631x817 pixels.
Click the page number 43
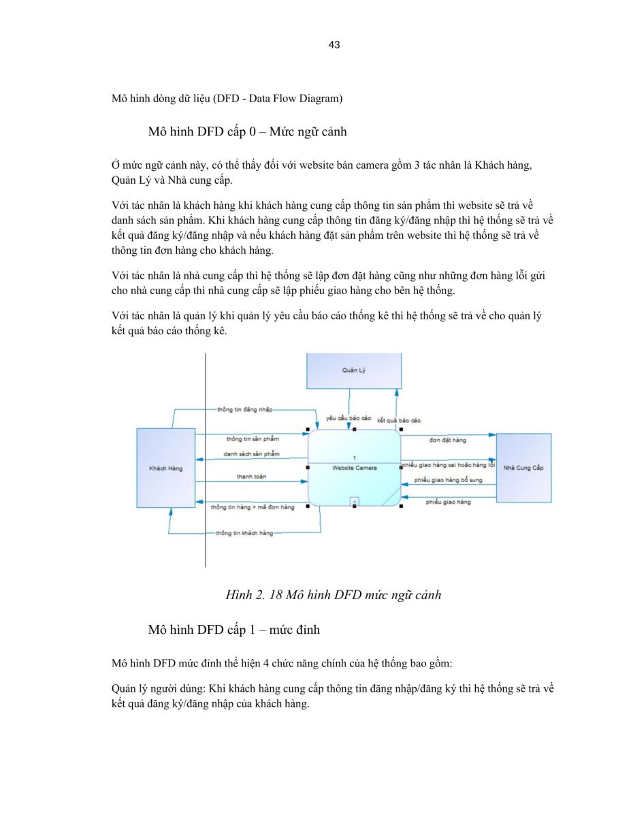(x=334, y=45)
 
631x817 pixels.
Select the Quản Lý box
(x=354, y=370)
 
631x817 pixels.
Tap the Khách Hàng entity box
(x=165, y=468)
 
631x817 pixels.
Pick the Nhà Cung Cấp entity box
(x=523, y=468)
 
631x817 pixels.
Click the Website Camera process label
(x=355, y=468)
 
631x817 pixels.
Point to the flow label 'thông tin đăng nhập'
(x=244, y=409)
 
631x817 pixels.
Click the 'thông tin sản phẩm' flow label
(x=253, y=438)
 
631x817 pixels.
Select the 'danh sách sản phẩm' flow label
(x=251, y=454)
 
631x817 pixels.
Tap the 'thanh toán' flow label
(x=251, y=477)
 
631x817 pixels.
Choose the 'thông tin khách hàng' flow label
(x=244, y=533)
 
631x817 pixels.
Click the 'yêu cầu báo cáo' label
(x=349, y=418)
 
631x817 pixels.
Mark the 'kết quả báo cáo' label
(x=399, y=420)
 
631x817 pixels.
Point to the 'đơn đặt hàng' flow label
(x=448, y=440)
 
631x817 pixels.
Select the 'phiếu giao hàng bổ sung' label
(x=448, y=480)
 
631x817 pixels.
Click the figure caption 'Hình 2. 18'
(x=254, y=595)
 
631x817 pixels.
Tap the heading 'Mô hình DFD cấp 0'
(x=202, y=131)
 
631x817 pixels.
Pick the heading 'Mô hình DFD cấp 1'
(x=202, y=629)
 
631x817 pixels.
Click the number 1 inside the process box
(x=355, y=458)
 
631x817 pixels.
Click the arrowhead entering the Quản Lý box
(x=396, y=393)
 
